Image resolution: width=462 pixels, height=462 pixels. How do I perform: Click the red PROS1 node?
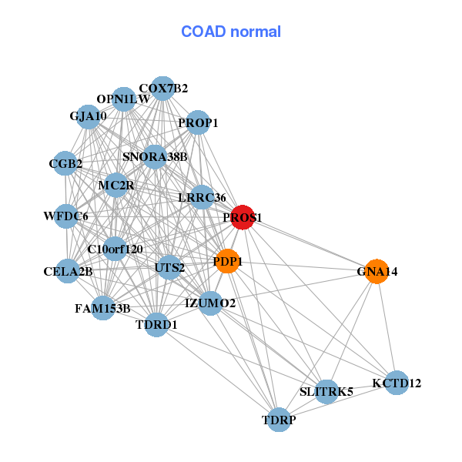pos(243,217)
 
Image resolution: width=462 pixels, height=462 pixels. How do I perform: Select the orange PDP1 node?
pos(228,261)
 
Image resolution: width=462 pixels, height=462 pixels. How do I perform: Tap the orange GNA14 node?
pos(376,272)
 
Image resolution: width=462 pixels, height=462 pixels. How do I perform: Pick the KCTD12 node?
pos(396,383)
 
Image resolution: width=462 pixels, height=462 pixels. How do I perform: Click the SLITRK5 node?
pos(326,391)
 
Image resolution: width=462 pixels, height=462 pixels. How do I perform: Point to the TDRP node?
pos(279,420)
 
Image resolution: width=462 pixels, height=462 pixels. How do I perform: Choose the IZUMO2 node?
pos(211,303)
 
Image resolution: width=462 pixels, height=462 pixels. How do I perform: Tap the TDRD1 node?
pos(156,324)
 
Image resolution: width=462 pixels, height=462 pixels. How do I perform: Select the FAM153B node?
pos(102,308)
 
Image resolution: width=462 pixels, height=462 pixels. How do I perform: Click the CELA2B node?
pos(69,271)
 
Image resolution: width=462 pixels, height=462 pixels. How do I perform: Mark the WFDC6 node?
pos(66,216)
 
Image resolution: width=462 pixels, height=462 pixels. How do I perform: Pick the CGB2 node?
pos(65,163)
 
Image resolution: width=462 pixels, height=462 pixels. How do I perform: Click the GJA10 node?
pos(88,117)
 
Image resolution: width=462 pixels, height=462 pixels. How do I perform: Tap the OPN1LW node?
pos(123,99)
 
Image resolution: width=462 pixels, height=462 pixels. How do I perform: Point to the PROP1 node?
pos(198,122)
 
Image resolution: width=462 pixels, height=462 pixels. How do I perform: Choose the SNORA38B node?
pos(155,156)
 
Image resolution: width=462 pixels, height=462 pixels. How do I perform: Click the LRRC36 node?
pos(203,197)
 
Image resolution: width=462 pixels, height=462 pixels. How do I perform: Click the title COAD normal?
pos(231,32)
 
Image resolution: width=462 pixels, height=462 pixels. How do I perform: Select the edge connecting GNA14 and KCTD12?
pos(386,327)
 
